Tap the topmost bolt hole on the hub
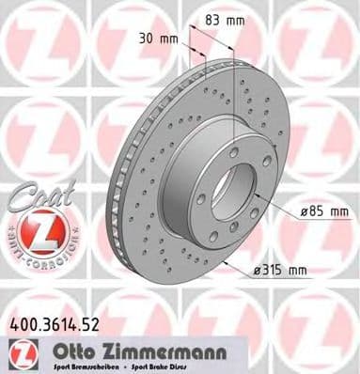click(x=235, y=150)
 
